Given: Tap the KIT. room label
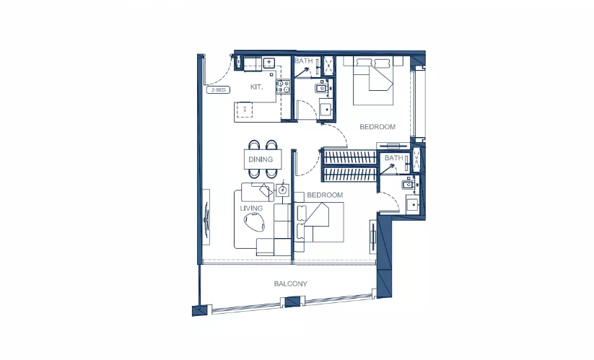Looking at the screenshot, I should click(256, 87).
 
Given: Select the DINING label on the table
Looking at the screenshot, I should click(261, 159).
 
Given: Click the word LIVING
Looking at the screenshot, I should click(251, 209).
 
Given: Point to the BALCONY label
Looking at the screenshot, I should click(290, 284).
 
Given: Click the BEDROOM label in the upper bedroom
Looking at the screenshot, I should click(377, 127).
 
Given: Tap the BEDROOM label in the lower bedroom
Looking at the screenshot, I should click(324, 196).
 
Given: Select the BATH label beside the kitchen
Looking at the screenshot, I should click(303, 62).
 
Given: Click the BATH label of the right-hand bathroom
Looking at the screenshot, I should click(393, 158).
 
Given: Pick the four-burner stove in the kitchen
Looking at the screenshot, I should click(282, 87).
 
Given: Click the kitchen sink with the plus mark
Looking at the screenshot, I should click(268, 63).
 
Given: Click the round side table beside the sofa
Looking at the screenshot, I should click(283, 191).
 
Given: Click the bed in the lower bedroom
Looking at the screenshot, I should click(320, 223).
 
